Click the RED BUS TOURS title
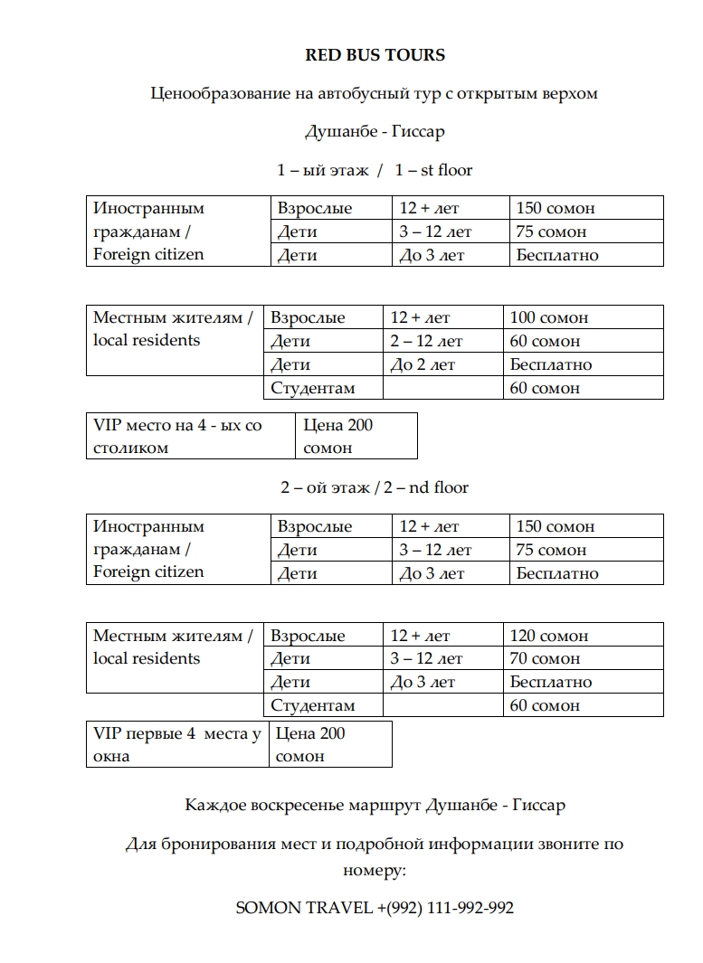pos(375,55)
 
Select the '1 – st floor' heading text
pos(433,170)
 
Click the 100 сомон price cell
pos(548,317)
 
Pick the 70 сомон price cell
pos(545,658)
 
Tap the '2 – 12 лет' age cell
pos(426,341)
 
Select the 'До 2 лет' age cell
pos(423,364)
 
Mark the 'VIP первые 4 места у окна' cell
pos(177,744)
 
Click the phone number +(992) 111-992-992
pos(444,908)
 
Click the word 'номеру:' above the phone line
pos(375,870)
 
